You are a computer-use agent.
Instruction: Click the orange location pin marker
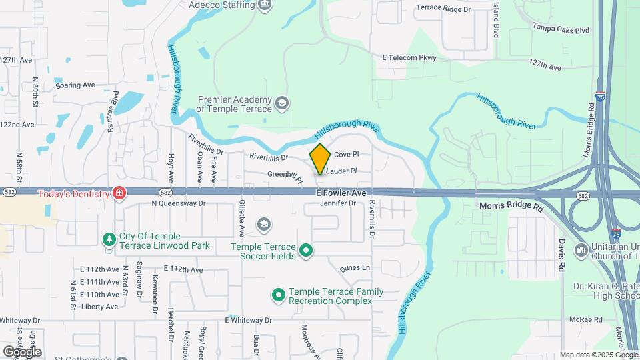pos(320,159)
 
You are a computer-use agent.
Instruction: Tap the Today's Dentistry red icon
pos(119,193)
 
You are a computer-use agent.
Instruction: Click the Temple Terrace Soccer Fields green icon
pos(306,251)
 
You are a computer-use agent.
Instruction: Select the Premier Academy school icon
pos(282,103)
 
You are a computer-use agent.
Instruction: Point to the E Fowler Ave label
pos(341,193)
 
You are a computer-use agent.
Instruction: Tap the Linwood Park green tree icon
pos(109,239)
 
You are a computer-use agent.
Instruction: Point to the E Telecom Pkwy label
pos(409,58)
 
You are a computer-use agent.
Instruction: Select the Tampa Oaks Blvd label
pos(561,30)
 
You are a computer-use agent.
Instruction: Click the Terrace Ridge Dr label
pos(443,9)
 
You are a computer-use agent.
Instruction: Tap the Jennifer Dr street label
pos(338,203)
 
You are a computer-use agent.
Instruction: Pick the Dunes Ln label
pos(355,267)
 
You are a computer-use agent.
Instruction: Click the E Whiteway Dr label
pos(249,320)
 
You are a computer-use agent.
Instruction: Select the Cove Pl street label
pos(346,154)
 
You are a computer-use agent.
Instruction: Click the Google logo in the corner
pos(22,351)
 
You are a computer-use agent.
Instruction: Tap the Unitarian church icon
pos(581,251)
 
